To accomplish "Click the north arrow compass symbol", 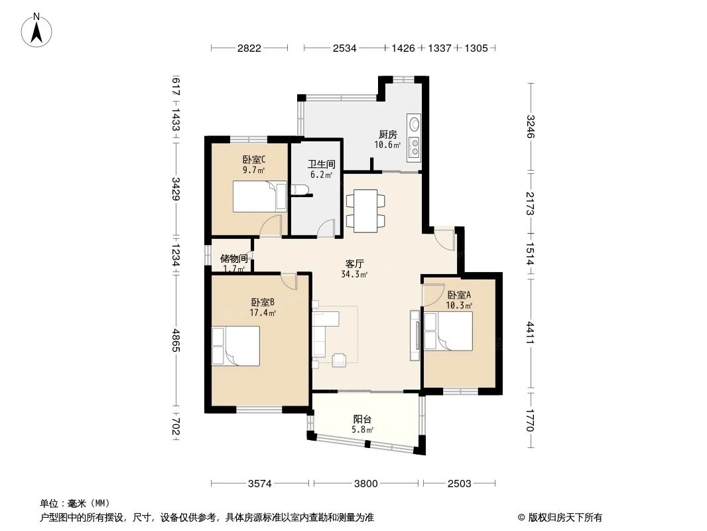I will tap(38, 30).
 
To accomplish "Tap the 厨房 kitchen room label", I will tap(388, 134).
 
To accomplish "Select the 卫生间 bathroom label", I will tap(322, 164).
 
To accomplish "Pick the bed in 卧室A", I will tap(448, 331).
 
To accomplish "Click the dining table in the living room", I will tap(365, 210).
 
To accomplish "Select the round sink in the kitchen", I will tap(415, 123).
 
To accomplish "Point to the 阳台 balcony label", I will tap(362, 419).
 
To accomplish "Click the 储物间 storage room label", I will tap(233, 258).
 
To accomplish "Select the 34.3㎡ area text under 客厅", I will tap(353, 274).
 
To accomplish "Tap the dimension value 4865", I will tap(176, 342).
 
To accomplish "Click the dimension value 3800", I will tap(365, 483).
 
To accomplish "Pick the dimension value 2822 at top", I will tap(249, 48).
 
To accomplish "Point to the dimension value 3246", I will tap(530, 126).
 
